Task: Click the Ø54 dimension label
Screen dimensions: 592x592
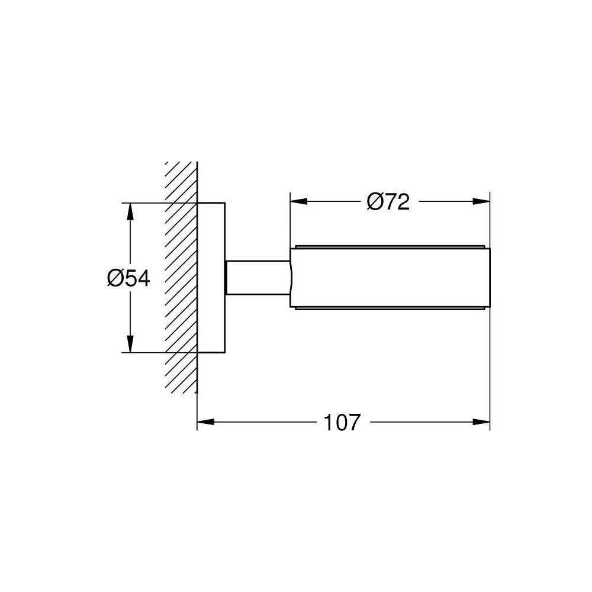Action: pyautogui.click(x=128, y=279)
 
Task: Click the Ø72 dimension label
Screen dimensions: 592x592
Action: pyautogui.click(x=388, y=202)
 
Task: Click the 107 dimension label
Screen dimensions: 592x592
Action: pyautogui.click(x=342, y=422)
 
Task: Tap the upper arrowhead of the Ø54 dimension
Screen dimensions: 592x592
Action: pyautogui.click(x=130, y=211)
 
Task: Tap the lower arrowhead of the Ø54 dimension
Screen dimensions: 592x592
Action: pyautogui.click(x=130, y=344)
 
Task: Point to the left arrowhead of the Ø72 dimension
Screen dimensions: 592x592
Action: pyautogui.click(x=298, y=202)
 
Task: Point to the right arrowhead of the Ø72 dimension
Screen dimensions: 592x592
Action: pyautogui.click(x=481, y=202)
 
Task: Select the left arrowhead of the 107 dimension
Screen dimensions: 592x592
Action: pyautogui.click(x=206, y=422)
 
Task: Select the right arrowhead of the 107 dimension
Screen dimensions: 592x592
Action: pyautogui.click(x=481, y=422)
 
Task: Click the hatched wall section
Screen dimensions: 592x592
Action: pyautogui.click(x=181, y=278)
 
